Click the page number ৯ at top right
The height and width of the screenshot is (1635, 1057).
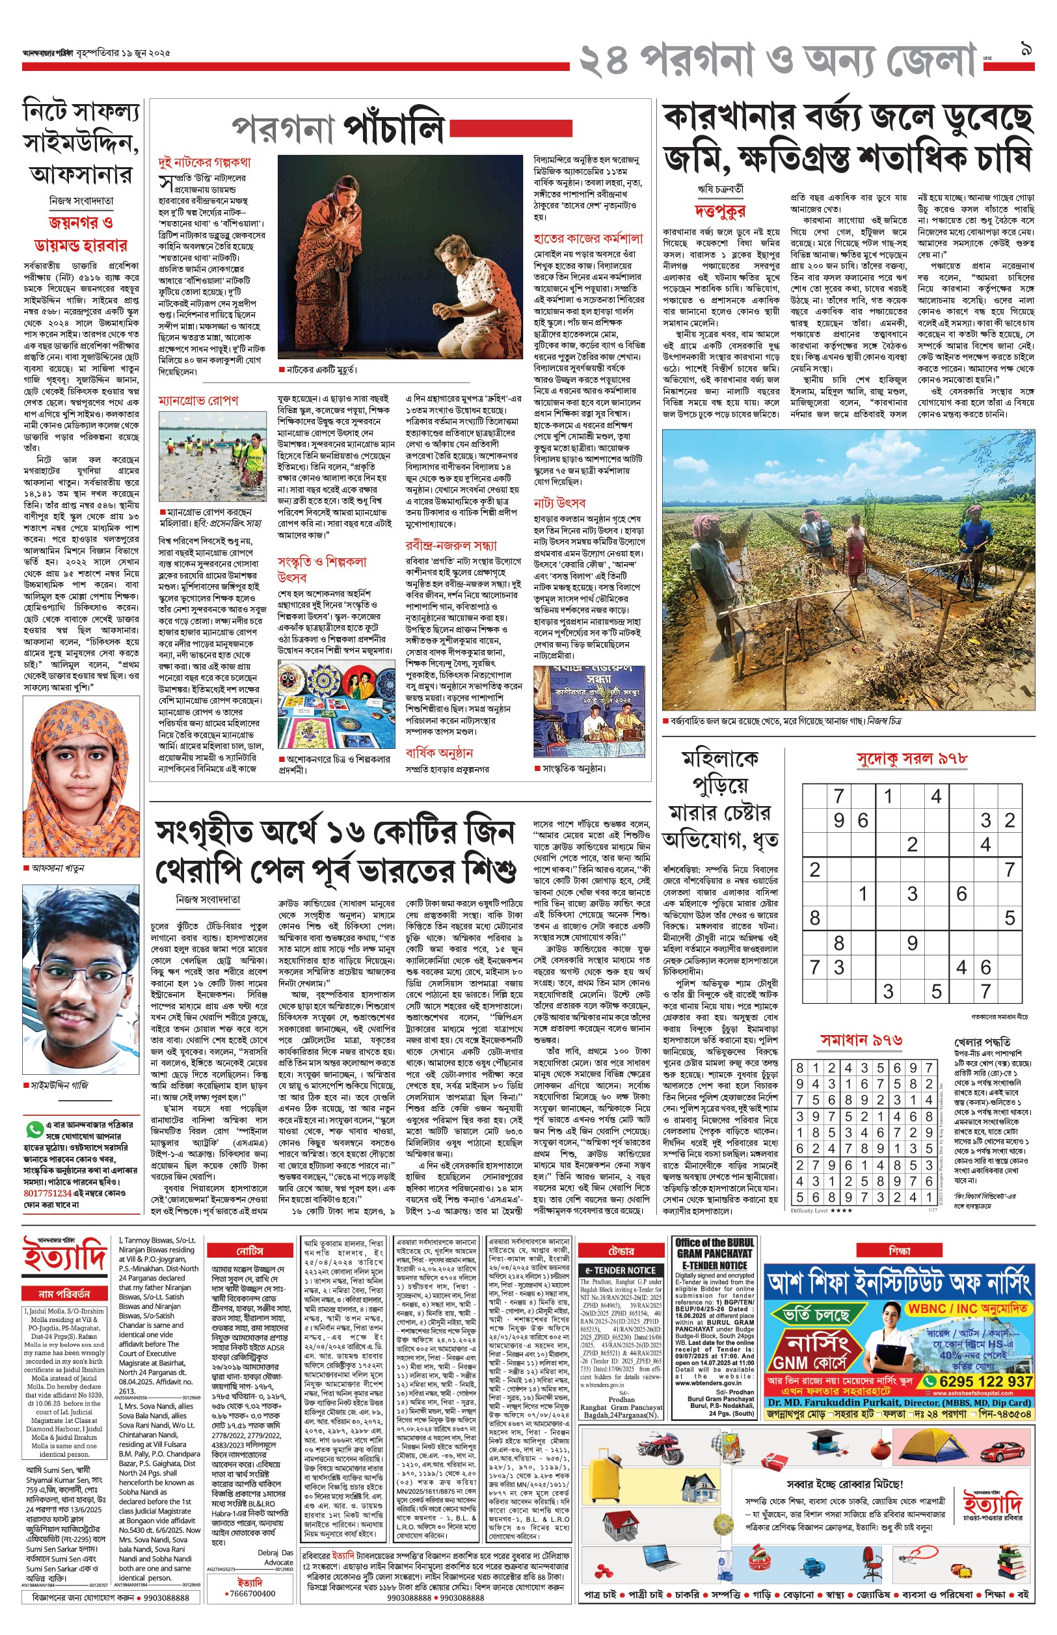click(x=1027, y=49)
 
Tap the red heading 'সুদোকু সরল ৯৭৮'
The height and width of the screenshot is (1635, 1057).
click(x=911, y=759)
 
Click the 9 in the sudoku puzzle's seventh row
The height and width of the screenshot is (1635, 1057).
click(x=911, y=943)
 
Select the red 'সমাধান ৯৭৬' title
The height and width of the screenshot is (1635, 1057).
click(x=861, y=1040)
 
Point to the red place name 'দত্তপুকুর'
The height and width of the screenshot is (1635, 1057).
click(x=719, y=210)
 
